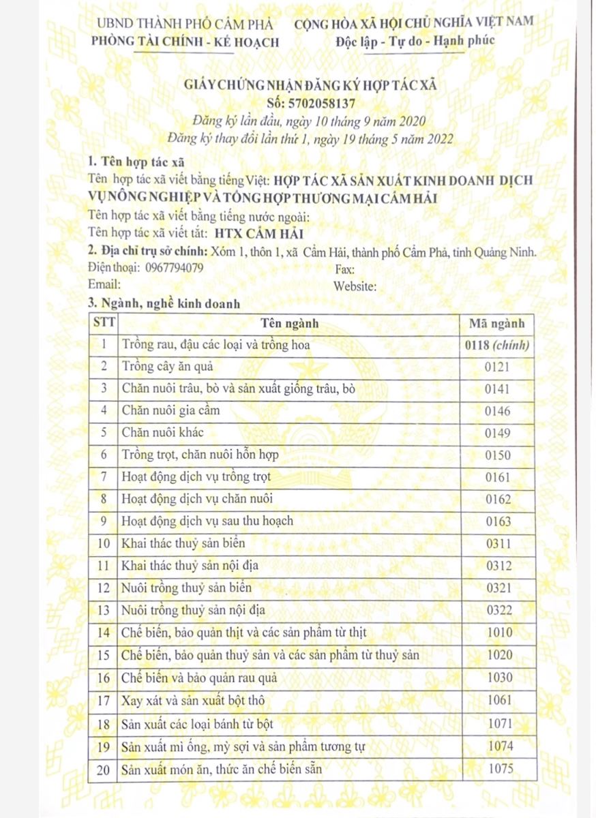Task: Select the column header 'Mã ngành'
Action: (x=497, y=323)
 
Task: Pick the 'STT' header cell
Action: (x=104, y=323)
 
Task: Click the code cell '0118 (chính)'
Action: (x=497, y=345)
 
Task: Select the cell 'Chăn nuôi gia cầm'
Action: (x=164, y=410)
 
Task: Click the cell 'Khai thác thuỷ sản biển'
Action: (x=182, y=543)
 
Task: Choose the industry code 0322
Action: (x=498, y=609)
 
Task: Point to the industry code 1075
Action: (x=500, y=770)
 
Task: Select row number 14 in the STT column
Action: (x=104, y=633)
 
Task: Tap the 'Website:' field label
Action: (x=355, y=286)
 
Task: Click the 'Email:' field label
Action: (x=104, y=284)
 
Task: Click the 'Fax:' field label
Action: (x=345, y=269)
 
